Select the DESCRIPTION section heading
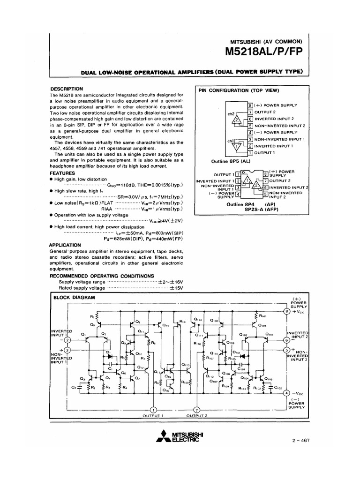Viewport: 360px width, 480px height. point(66,89)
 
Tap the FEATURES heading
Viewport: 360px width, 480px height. point(62,172)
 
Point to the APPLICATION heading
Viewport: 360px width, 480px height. point(65,245)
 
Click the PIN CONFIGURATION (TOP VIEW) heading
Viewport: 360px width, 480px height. point(239,90)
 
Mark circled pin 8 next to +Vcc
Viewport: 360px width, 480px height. point(287,311)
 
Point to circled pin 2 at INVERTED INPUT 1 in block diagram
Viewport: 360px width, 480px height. point(67,340)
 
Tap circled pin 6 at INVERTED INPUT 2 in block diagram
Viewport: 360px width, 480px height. point(287,340)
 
